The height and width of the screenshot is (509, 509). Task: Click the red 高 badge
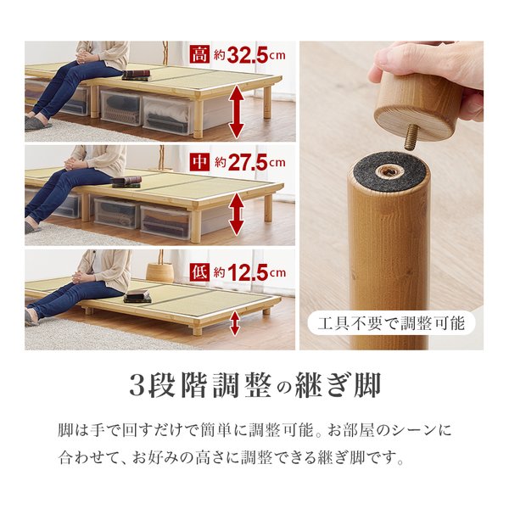200,54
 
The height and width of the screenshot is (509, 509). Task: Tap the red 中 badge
200,161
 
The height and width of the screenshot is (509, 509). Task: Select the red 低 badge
200,272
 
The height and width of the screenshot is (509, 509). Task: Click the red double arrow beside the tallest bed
237,111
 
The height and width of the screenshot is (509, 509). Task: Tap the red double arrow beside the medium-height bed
237,214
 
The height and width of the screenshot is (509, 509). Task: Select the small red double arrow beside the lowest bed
235,323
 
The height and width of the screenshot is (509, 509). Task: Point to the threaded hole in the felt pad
390,171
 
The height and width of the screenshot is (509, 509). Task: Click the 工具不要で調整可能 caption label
391,323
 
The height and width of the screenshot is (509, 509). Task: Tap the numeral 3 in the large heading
137,385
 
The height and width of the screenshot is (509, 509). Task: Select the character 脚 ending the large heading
367,385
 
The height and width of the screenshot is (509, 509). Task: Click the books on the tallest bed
137,76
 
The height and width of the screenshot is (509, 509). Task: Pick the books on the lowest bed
137,296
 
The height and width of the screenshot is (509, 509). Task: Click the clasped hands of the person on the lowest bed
81,277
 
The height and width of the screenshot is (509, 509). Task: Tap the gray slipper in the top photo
37,123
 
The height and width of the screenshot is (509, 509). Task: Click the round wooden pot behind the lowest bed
160,272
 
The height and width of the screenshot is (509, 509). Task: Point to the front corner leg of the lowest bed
197,327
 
